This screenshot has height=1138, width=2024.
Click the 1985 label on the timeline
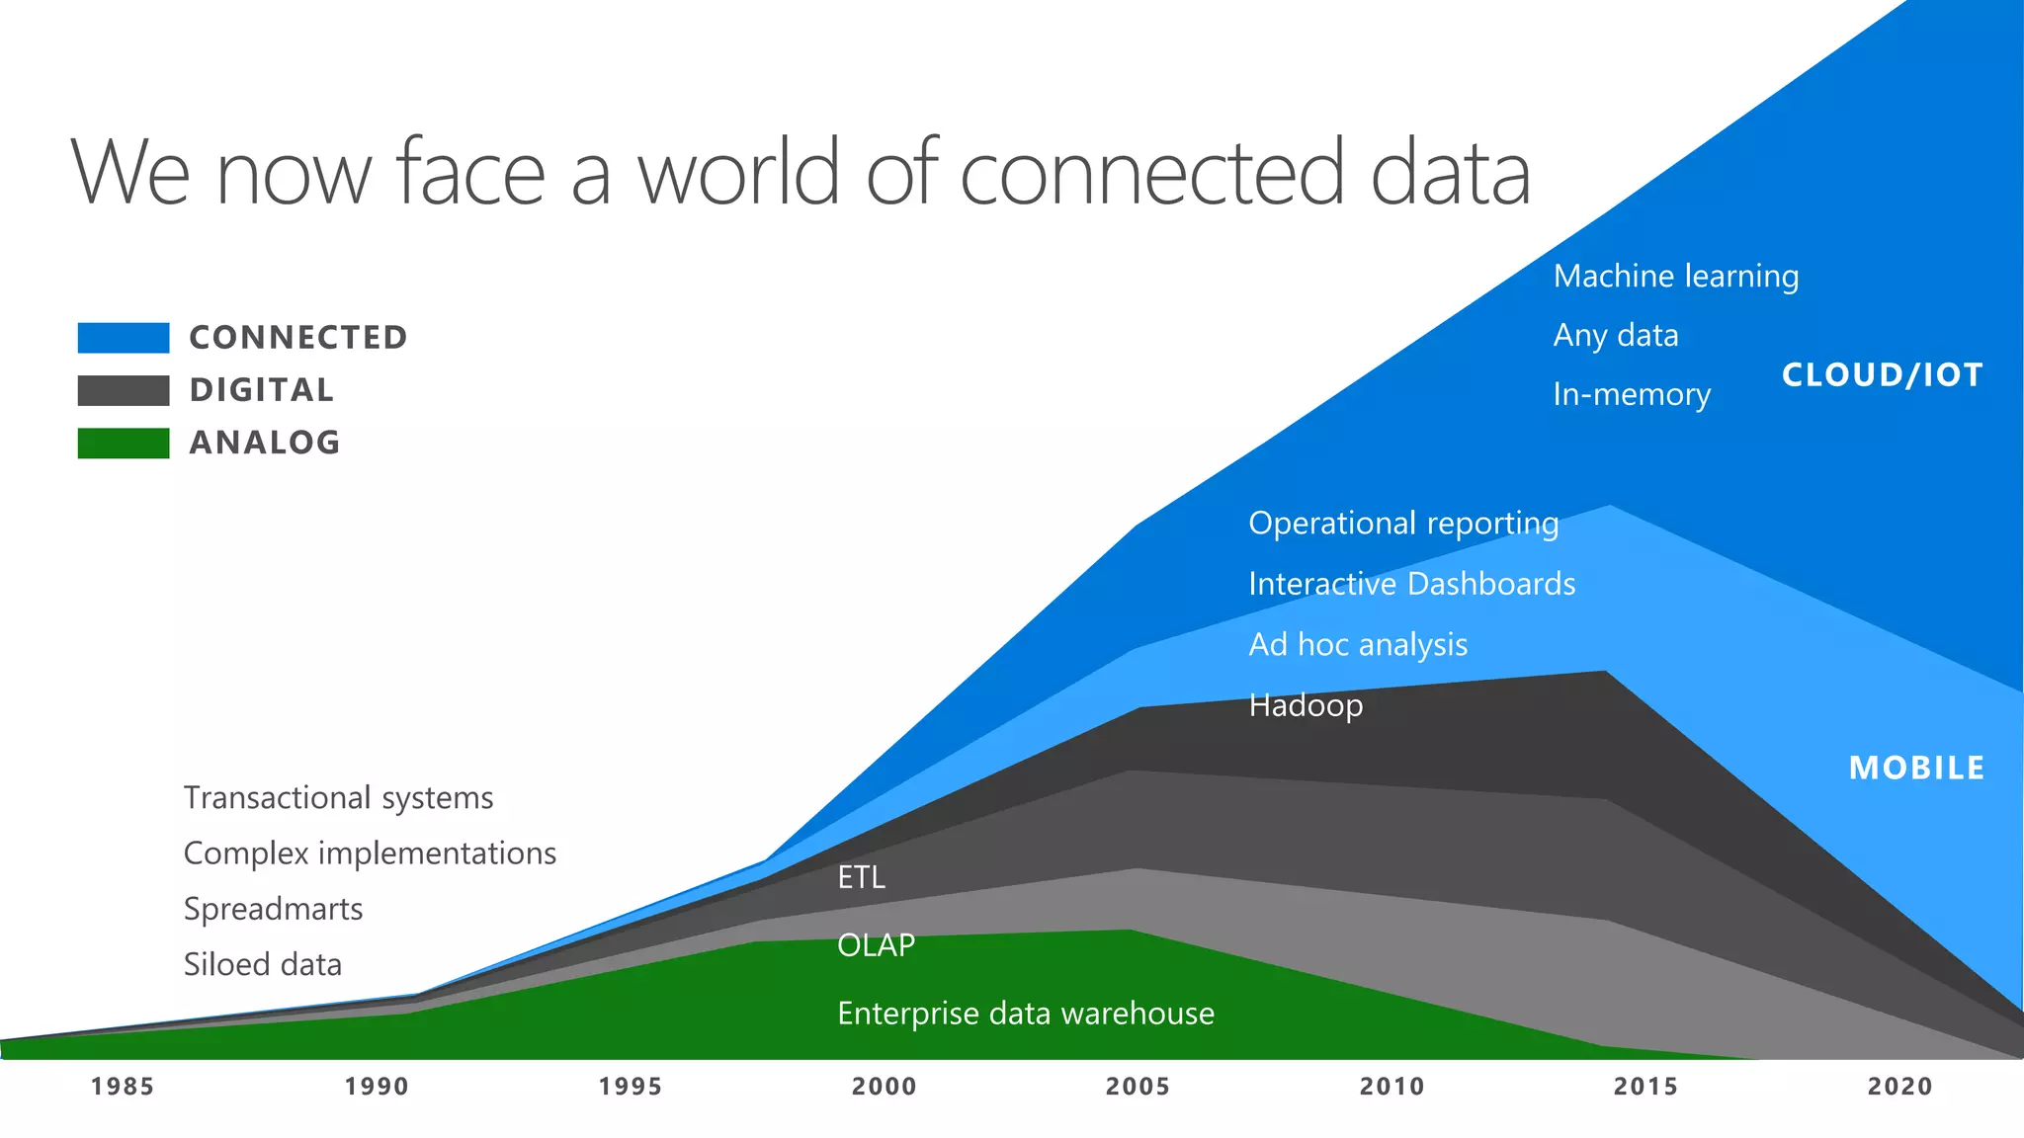click(x=123, y=1087)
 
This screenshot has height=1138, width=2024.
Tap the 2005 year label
click(x=1138, y=1087)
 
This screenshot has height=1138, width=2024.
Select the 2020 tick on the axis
click(x=1899, y=1087)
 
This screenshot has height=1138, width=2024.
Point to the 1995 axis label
click(x=631, y=1087)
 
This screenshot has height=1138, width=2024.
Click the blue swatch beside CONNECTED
click(x=124, y=338)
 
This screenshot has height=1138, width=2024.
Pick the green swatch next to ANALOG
click(x=124, y=443)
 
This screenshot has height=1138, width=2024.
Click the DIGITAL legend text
click(x=262, y=390)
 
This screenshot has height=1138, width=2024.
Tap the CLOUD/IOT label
click(x=1882, y=375)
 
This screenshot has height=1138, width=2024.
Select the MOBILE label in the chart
click(x=1916, y=768)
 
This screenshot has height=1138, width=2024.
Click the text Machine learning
click(x=1675, y=277)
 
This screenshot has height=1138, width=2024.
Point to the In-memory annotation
click(x=1631, y=395)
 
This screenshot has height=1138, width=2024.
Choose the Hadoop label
click(x=1305, y=705)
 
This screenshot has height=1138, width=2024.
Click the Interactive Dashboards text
click(x=1411, y=584)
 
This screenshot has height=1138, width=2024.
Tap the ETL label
click(x=861, y=877)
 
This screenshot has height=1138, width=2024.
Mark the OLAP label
click(x=876, y=945)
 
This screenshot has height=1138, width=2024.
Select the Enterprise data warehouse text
click(x=1025, y=1014)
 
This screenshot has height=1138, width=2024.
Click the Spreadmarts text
click(x=273, y=909)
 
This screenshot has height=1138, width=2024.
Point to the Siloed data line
click(x=262, y=964)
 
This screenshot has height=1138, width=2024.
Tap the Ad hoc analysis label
click(x=1357, y=645)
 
